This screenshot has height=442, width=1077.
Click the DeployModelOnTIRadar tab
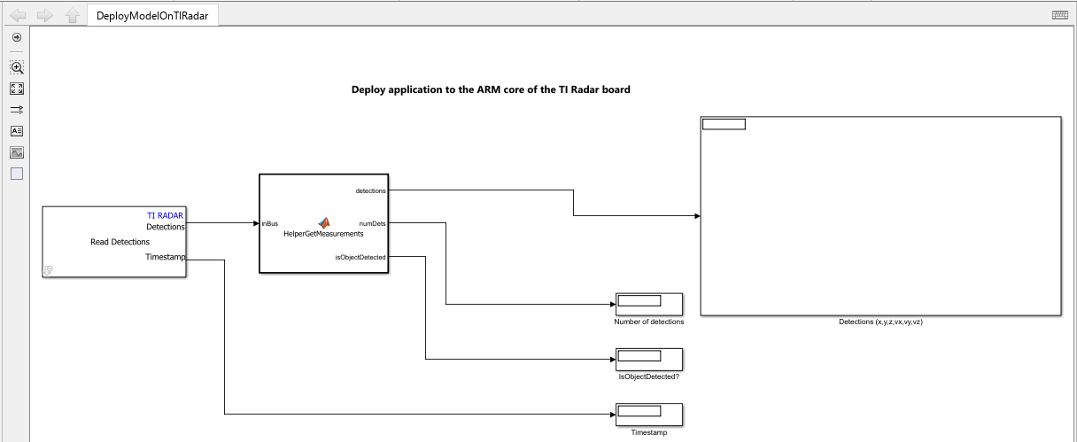pyautogui.click(x=152, y=16)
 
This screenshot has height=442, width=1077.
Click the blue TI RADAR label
pyautogui.click(x=165, y=215)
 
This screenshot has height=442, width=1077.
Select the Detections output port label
pyautogui.click(x=165, y=227)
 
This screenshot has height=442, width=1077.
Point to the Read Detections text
pyautogui.click(x=120, y=242)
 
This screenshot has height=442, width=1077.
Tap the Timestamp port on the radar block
pyautogui.click(x=165, y=257)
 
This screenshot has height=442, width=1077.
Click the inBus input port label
pyautogui.click(x=270, y=223)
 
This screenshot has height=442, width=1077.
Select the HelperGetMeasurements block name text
pyautogui.click(x=323, y=234)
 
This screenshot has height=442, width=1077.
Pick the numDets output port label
pyautogui.click(x=372, y=223)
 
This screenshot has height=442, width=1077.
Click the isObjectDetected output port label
pyautogui.click(x=360, y=257)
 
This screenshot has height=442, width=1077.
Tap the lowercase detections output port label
pyautogui.click(x=370, y=190)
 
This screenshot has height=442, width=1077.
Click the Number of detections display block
pyautogui.click(x=648, y=304)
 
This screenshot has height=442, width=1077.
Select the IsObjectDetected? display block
pyautogui.click(x=648, y=360)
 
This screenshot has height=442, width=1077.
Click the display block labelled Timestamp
pyautogui.click(x=648, y=415)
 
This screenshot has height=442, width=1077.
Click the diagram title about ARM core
pyautogui.click(x=491, y=89)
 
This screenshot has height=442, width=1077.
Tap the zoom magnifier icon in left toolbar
pyautogui.click(x=17, y=67)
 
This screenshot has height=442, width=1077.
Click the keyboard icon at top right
pyautogui.click(x=1059, y=15)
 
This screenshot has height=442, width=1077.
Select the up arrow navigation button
pyautogui.click(x=73, y=16)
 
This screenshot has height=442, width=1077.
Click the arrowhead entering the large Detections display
pyautogui.click(x=697, y=216)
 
